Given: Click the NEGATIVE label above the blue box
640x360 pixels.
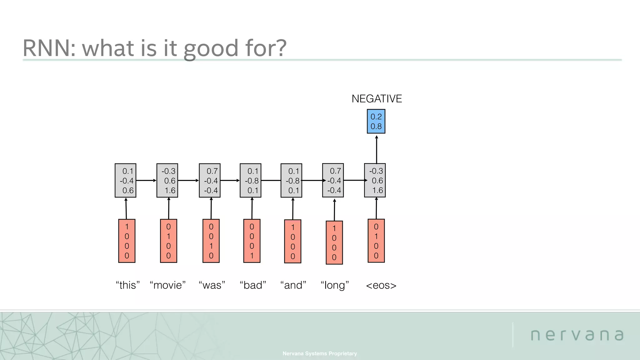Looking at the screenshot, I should [x=377, y=99].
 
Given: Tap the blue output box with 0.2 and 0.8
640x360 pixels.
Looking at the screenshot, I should [x=376, y=121].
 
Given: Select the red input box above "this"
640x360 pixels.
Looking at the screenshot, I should [x=127, y=241].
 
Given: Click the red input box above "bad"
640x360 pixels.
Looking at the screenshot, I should [x=252, y=241].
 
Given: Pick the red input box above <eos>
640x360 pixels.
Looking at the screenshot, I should [x=376, y=241].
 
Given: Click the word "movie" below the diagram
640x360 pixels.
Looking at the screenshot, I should [x=168, y=285].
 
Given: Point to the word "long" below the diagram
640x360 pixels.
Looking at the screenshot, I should [x=335, y=285].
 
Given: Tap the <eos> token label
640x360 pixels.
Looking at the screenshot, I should [x=381, y=285].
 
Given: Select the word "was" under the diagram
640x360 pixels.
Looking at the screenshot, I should [x=212, y=285].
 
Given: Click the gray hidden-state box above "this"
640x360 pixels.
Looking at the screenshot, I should [x=125, y=180].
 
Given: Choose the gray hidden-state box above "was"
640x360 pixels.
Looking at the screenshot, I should [x=210, y=180].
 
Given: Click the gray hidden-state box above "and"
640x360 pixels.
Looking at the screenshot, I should [x=291, y=180].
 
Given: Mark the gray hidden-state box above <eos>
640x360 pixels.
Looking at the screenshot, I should [x=375, y=180].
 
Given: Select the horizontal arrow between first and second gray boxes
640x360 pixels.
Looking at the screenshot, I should [x=146, y=180].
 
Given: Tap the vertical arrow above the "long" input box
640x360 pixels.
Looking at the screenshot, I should [x=334, y=210].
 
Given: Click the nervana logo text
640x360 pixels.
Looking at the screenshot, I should [x=577, y=335].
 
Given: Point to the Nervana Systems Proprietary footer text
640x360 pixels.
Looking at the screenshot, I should [x=319, y=353].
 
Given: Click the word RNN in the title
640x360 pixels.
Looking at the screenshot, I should [x=49, y=48].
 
